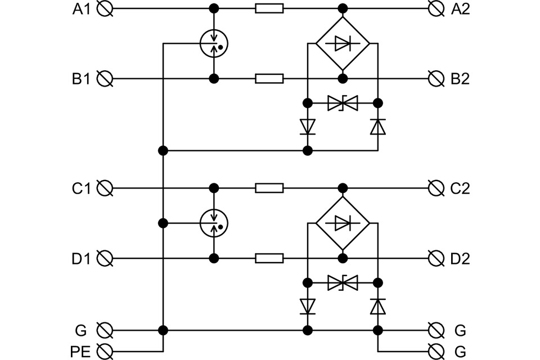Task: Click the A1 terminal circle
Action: point(105,8)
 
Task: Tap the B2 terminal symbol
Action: point(436,79)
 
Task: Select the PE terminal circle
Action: point(105,352)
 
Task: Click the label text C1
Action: point(81,188)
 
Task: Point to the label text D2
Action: point(460,259)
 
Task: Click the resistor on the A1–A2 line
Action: point(269,8)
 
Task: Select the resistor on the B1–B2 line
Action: point(269,79)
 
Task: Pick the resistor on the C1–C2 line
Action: point(269,188)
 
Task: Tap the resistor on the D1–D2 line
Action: point(269,258)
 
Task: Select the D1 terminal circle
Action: point(105,258)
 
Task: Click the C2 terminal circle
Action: point(436,188)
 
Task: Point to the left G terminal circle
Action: point(105,330)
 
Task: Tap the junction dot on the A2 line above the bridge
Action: point(343,8)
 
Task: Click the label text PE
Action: point(80,352)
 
